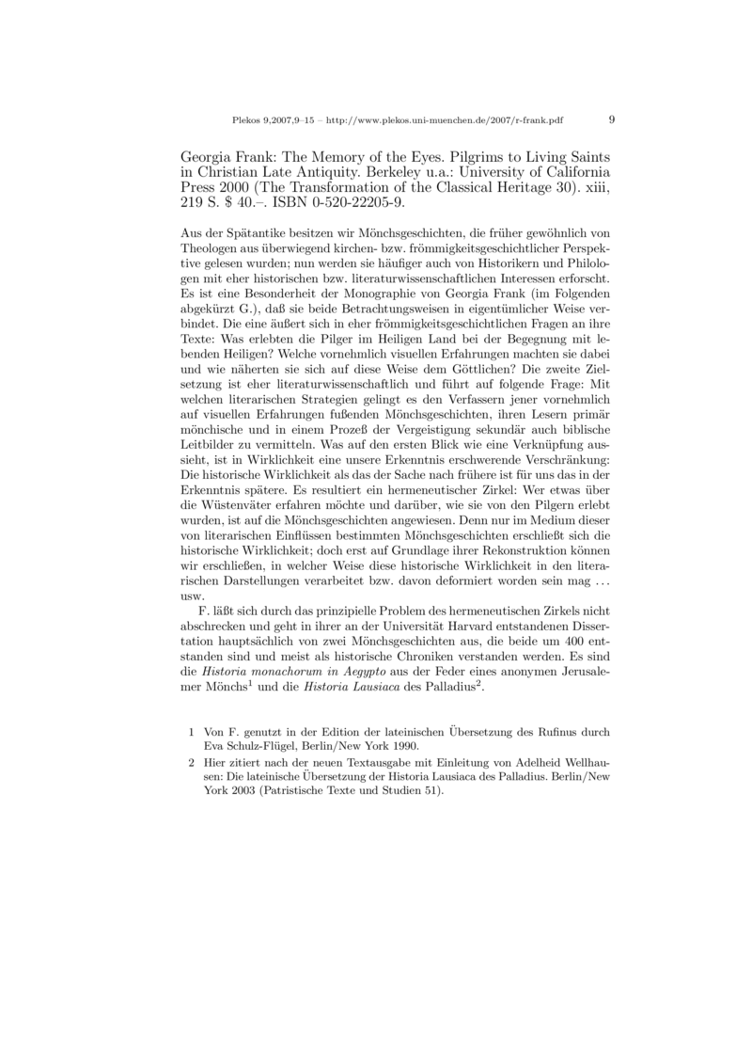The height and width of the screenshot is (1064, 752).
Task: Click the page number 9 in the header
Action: (x=612, y=120)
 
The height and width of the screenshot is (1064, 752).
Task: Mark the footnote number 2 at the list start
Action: (x=192, y=765)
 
